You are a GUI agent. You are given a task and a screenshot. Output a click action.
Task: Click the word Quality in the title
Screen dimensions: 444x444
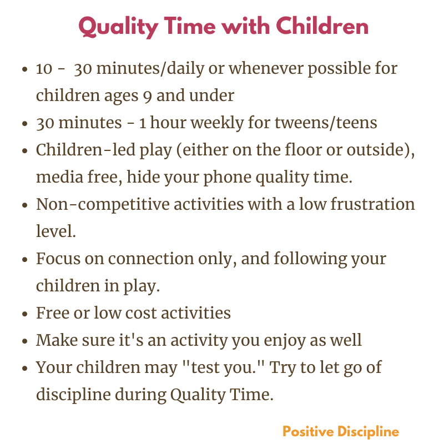click(118, 27)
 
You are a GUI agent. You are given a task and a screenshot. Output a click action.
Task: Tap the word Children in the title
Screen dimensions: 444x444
click(322, 26)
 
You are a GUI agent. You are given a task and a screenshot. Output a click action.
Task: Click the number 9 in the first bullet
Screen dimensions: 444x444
click(147, 97)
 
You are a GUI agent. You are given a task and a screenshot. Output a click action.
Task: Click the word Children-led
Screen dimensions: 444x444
click(85, 149)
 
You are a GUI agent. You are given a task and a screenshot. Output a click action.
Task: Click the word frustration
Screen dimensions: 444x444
click(372, 204)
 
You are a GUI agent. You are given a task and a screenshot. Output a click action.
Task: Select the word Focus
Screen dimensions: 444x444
click(58, 258)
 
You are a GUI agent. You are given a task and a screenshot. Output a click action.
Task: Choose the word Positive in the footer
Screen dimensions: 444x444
click(308, 432)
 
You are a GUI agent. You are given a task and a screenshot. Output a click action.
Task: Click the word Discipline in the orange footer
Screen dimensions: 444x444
click(368, 432)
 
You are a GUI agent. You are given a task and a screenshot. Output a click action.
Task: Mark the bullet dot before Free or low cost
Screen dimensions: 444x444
click(25, 314)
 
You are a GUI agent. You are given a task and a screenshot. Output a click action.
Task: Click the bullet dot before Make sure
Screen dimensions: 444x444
click(25, 341)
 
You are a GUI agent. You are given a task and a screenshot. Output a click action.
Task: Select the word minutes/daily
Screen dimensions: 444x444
click(150, 69)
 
